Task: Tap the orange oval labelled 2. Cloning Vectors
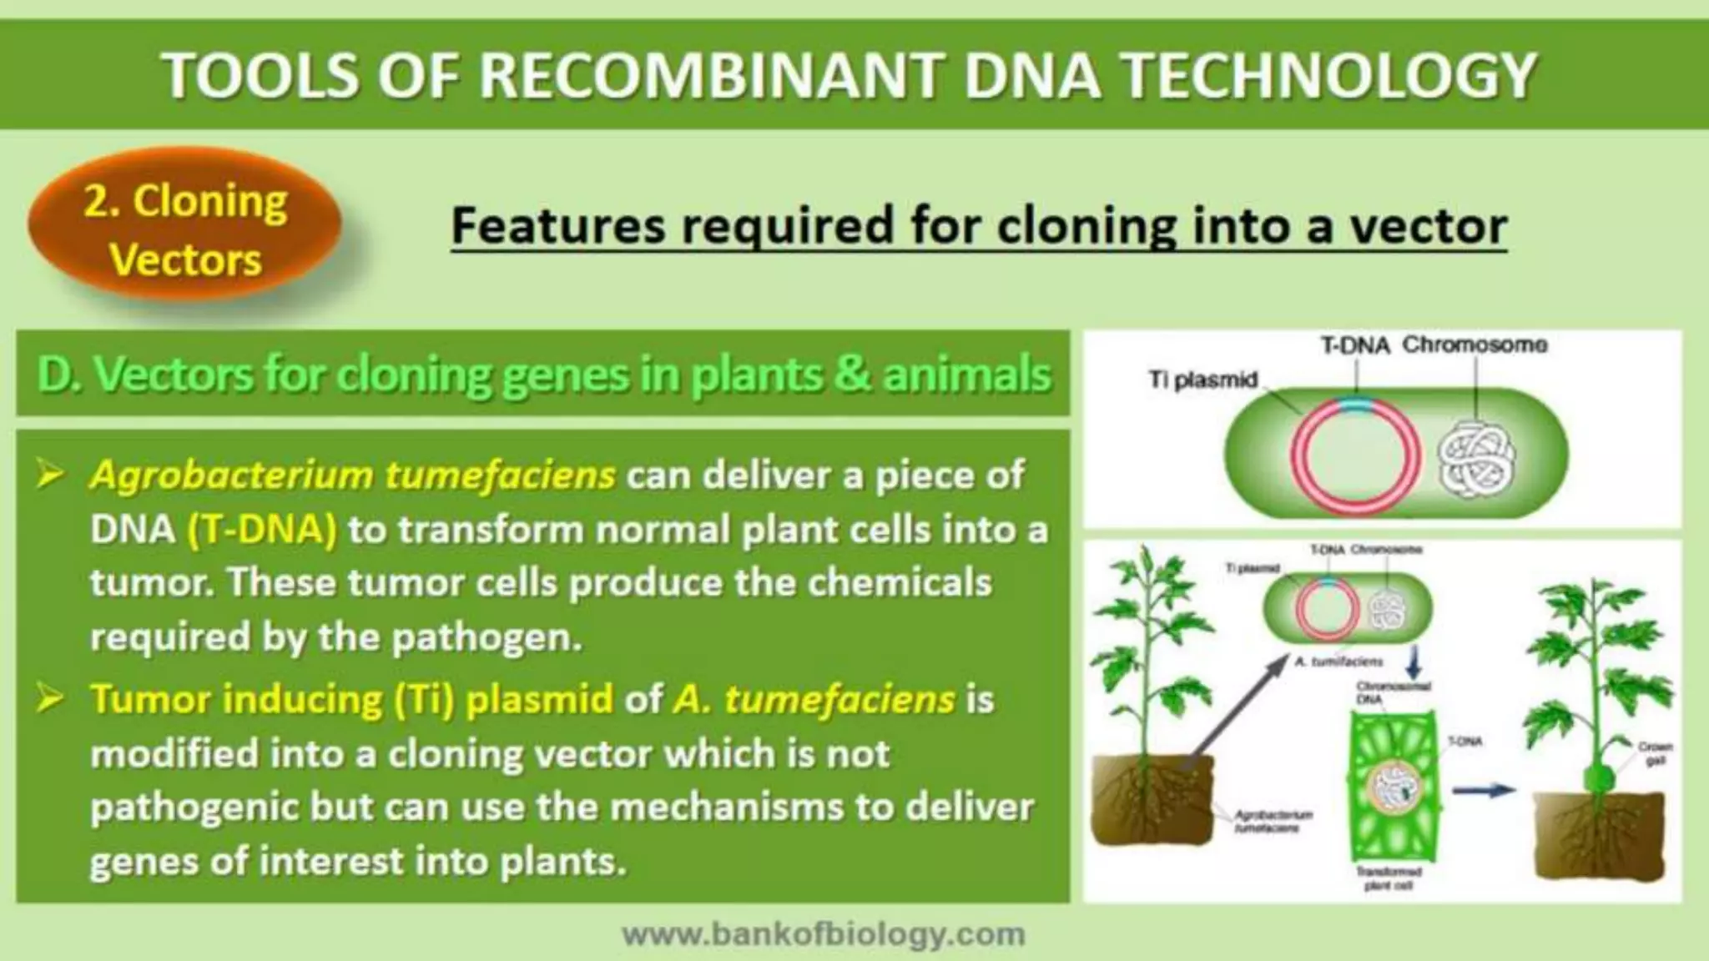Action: click(185, 229)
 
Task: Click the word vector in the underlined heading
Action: click(1428, 226)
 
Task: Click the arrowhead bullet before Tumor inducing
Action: click(51, 699)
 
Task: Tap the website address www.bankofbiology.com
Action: click(824, 934)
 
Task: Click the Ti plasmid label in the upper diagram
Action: click(1202, 380)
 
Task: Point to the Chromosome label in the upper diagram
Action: click(1475, 345)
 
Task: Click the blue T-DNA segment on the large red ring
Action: click(1357, 406)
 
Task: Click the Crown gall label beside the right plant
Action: click(1655, 753)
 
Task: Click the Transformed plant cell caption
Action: click(1389, 878)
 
